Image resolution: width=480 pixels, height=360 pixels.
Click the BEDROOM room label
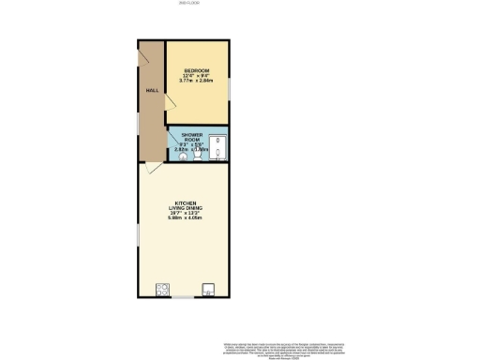(x=196, y=71)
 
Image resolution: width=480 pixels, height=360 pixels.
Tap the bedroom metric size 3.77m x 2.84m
(x=196, y=82)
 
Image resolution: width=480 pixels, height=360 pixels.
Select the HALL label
(x=151, y=91)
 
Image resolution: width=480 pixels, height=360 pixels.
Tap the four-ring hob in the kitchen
(x=163, y=288)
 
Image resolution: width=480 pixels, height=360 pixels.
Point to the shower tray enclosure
(x=217, y=149)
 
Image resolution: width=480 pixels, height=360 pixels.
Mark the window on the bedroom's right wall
(x=228, y=87)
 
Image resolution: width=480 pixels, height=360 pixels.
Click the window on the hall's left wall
(x=138, y=122)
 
